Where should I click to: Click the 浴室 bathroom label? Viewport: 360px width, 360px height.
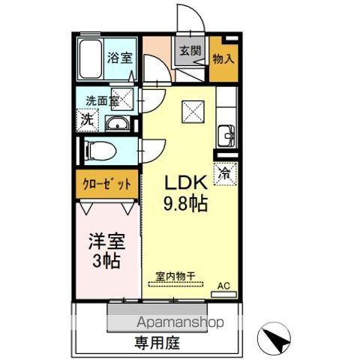click(x=120, y=58)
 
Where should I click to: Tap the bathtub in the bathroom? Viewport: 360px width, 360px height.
click(x=90, y=59)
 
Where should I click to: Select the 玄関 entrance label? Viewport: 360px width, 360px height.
click(x=190, y=51)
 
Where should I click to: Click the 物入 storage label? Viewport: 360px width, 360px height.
click(x=223, y=59)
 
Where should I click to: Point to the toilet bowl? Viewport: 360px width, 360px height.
click(x=100, y=151)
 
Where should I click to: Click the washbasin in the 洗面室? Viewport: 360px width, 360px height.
click(x=117, y=123)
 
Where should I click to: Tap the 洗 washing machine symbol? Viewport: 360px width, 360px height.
click(x=88, y=120)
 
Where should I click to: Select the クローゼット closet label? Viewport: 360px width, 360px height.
click(x=106, y=184)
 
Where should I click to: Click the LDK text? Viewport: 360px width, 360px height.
click(x=185, y=182)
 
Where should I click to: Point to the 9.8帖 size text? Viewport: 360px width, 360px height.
click(x=185, y=203)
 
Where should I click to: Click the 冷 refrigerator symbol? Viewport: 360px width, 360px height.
click(x=225, y=174)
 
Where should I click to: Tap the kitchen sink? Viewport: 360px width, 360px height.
click(x=226, y=136)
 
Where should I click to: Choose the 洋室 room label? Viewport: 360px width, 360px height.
click(x=106, y=241)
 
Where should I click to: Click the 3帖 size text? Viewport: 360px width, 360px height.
click(x=106, y=261)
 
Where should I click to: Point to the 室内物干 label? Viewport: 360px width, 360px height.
click(x=175, y=276)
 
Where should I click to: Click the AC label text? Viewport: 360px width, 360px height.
click(x=223, y=286)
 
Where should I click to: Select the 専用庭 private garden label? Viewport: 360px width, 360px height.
click(x=157, y=343)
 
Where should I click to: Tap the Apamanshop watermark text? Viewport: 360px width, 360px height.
click(x=180, y=322)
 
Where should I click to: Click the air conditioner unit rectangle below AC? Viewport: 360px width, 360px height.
click(x=223, y=295)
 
